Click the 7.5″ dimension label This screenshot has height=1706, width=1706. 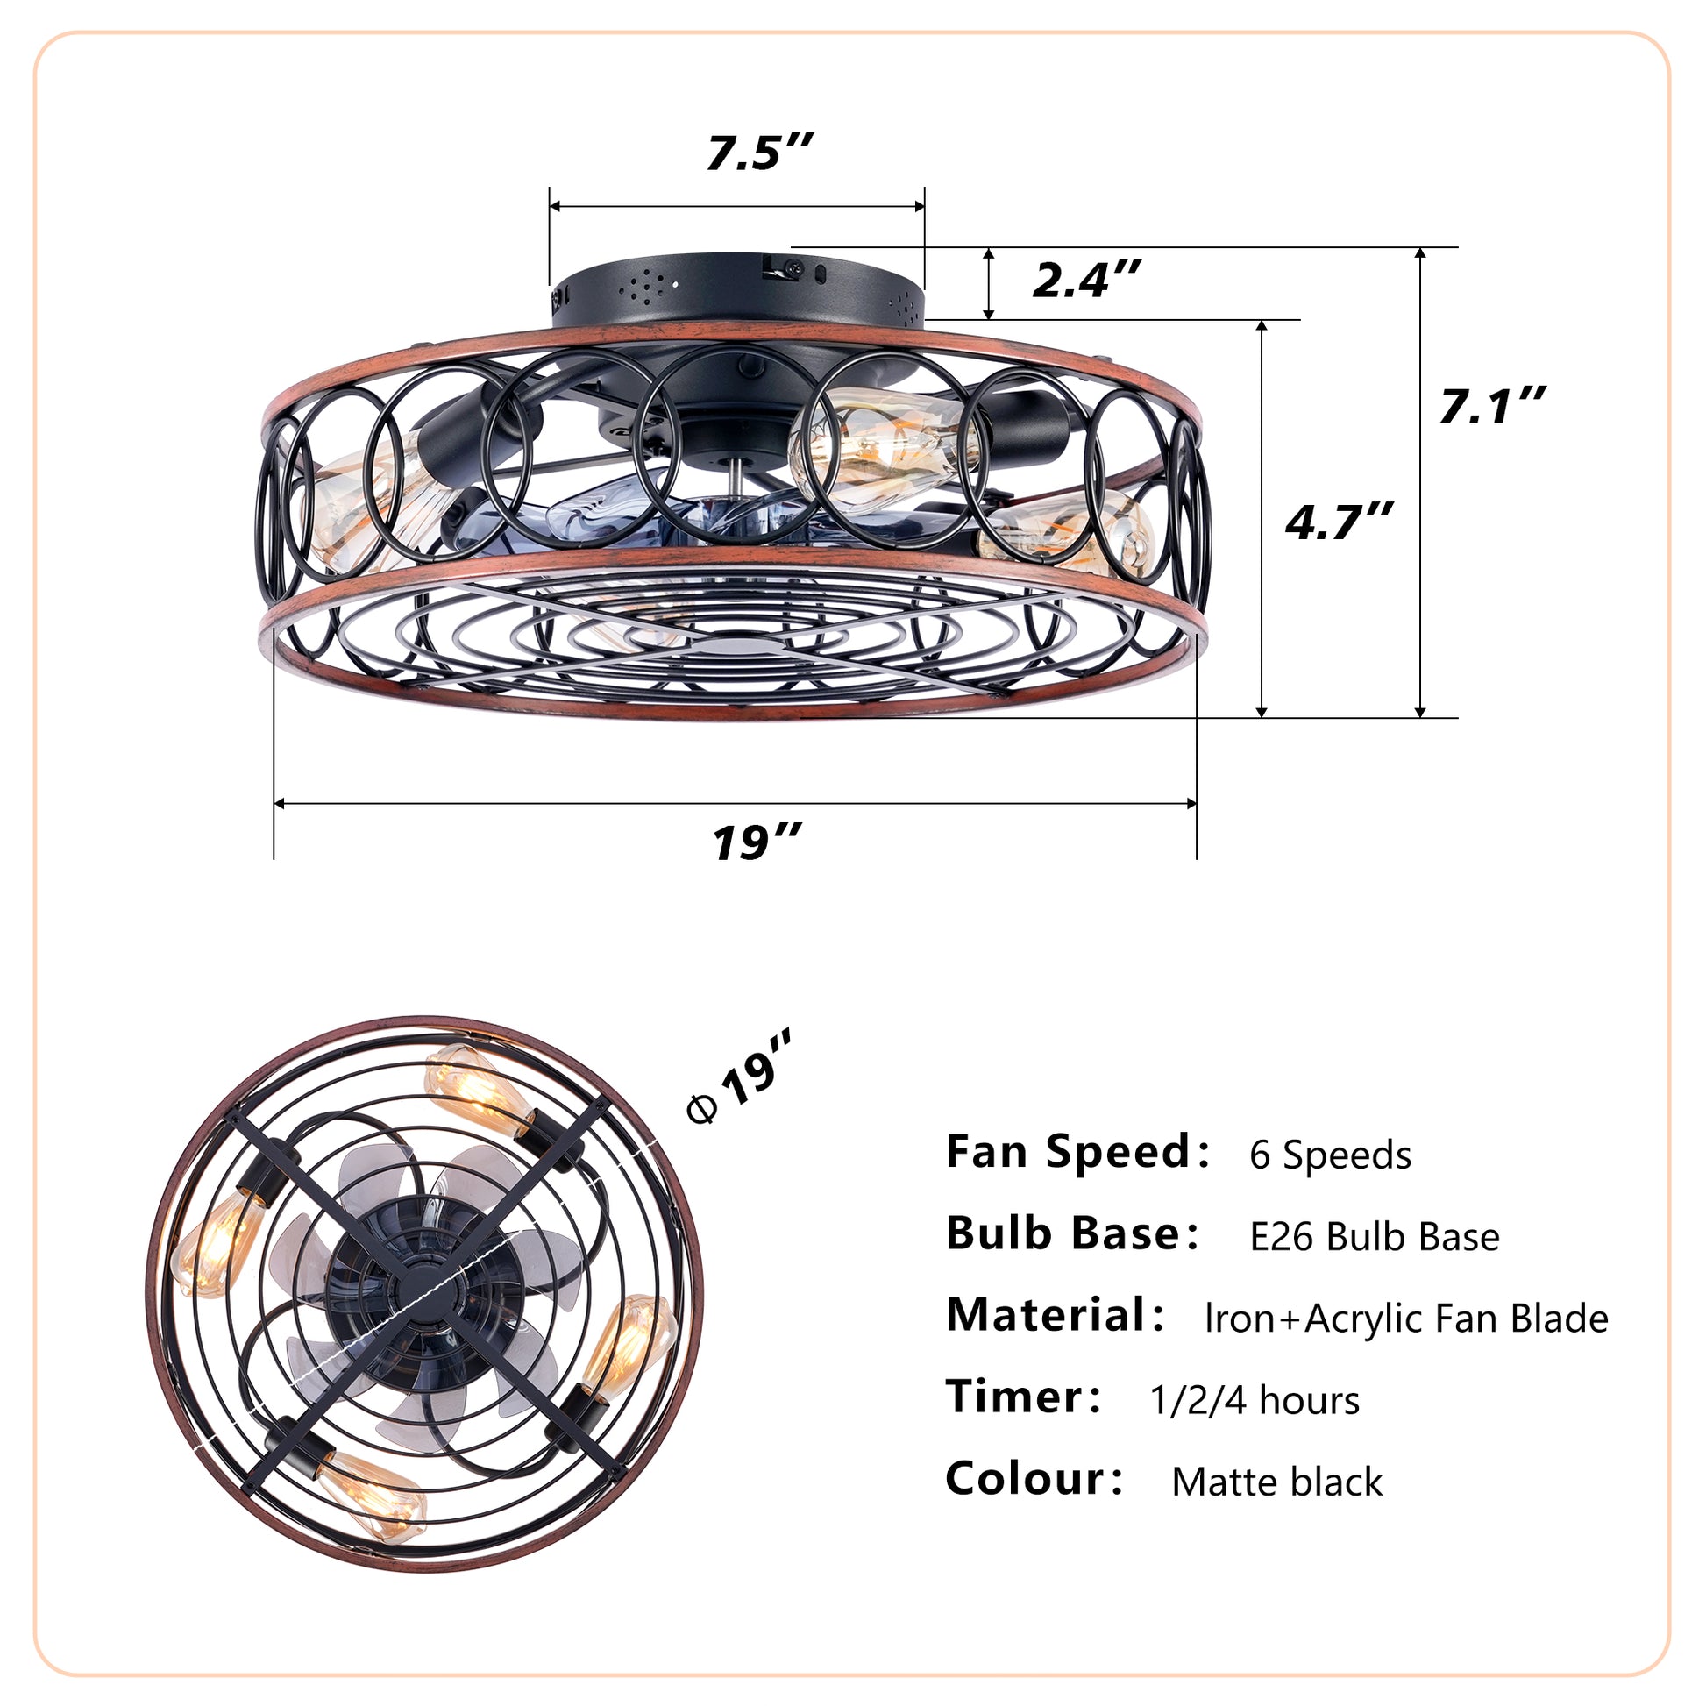[x=758, y=153]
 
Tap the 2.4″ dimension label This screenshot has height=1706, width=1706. [x=1086, y=280]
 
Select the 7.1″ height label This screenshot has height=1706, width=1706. [x=1491, y=406]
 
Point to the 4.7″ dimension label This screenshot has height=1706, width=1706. [x=1339, y=521]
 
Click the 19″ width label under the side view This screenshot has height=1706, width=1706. [x=757, y=842]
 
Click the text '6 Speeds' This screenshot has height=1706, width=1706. [x=1330, y=1155]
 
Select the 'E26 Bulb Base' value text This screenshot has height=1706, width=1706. [x=1374, y=1237]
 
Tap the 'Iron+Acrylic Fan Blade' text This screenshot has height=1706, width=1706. [x=1406, y=1319]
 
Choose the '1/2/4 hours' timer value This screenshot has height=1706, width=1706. [x=1254, y=1400]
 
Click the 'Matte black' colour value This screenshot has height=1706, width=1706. [x=1276, y=1482]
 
